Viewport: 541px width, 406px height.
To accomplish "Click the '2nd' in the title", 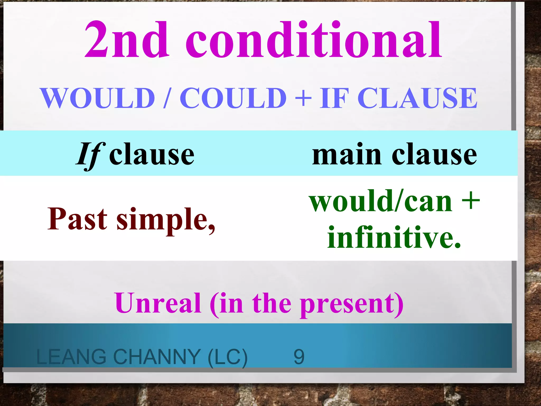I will (x=126, y=40).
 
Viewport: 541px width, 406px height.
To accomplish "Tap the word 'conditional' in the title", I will (x=314, y=40).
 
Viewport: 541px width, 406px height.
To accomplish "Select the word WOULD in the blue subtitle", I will (x=98, y=98).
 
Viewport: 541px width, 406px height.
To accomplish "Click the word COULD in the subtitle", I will (x=233, y=98).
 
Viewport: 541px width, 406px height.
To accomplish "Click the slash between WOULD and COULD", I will (x=167, y=98).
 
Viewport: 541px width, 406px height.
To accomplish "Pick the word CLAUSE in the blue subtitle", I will (x=417, y=98).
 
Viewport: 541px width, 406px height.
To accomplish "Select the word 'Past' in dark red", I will (x=77, y=219).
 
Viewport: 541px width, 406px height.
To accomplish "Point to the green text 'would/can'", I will (x=381, y=202).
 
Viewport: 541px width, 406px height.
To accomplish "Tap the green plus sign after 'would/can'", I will (x=471, y=201).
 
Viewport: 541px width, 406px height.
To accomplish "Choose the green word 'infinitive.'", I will (x=394, y=237).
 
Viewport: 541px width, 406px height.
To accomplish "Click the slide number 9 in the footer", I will (x=299, y=357).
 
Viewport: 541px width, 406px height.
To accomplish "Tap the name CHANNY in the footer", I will (x=157, y=357).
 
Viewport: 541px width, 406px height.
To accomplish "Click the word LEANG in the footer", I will (x=71, y=357).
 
